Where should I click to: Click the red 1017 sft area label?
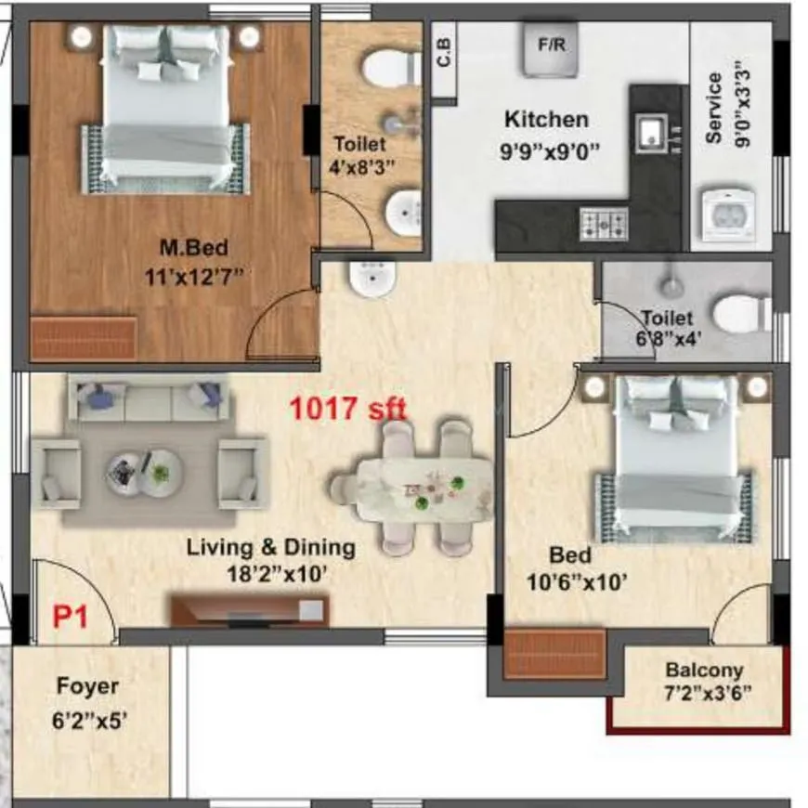click(x=349, y=408)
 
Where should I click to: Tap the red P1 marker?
click(x=70, y=617)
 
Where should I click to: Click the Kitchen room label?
click(x=546, y=120)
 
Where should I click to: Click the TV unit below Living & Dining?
click(x=249, y=610)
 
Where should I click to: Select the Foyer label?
click(x=87, y=686)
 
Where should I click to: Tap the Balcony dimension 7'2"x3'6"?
click(x=709, y=692)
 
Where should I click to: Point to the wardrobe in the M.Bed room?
click(x=84, y=338)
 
